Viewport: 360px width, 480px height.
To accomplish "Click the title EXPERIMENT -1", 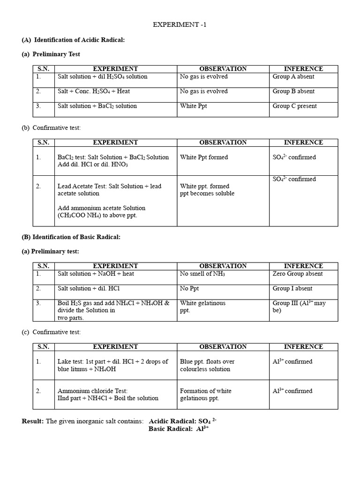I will (180, 25).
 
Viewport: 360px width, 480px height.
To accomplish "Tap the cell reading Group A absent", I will (293, 76).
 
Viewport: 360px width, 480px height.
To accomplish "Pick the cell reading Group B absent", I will (293, 91).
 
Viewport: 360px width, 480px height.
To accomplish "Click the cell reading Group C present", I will (294, 106).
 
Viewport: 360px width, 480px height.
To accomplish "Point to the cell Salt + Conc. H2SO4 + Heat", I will (94, 91).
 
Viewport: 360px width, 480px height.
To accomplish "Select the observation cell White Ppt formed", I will (204, 157).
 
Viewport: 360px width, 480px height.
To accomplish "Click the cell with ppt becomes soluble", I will (207, 194).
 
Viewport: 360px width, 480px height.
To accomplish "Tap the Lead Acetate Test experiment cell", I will (109, 190).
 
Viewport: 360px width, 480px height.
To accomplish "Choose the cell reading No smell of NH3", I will (202, 274).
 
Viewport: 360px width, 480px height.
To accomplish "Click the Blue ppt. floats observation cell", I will (207, 365).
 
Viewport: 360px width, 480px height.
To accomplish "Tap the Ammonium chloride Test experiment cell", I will (108, 394).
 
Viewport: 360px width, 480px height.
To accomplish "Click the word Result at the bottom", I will (32, 421).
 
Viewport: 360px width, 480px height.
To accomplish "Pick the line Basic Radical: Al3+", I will (178, 428).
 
